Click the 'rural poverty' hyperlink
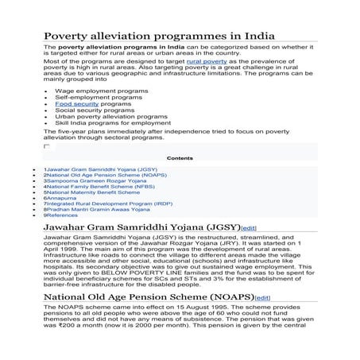(207, 60)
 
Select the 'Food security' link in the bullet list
(76, 104)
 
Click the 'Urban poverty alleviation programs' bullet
(104, 117)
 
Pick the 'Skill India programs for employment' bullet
(106, 123)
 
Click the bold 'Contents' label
(180, 158)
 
